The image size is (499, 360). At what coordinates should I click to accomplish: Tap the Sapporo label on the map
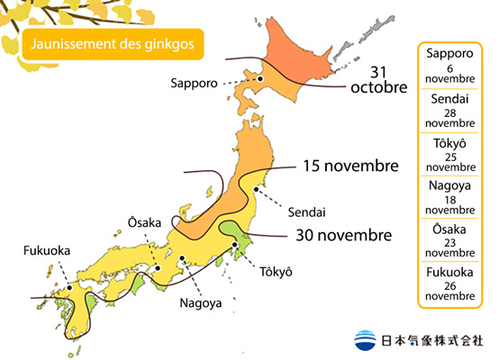194,83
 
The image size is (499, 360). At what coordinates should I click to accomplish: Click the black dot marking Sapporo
259,79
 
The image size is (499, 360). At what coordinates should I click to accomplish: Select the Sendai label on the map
306,212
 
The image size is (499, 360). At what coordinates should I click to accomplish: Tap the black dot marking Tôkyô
235,244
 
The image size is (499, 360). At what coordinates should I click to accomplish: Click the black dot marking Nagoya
183,259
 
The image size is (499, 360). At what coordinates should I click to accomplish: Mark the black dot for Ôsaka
155,266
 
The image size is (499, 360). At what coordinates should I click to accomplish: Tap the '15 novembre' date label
351,166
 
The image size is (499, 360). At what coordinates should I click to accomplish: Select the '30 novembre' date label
344,235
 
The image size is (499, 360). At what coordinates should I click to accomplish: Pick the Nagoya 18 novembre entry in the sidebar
450,198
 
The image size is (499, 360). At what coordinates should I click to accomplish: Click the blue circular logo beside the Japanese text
367,340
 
